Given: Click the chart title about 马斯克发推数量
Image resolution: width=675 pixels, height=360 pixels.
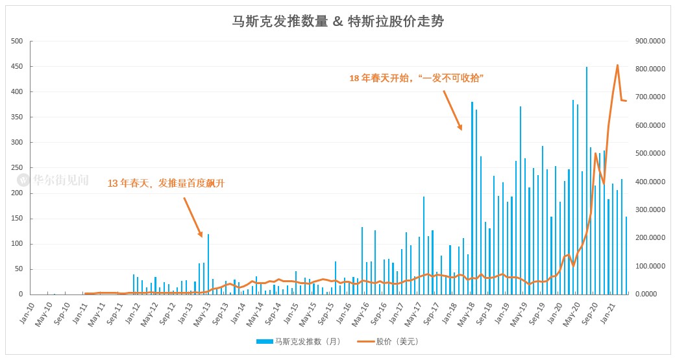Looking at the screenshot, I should (338, 21).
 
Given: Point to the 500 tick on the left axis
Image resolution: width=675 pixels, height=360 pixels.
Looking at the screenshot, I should (18, 42).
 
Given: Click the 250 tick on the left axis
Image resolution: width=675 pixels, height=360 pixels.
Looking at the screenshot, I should (18, 168).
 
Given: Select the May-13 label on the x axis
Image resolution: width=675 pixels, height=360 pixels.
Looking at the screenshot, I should (202, 310).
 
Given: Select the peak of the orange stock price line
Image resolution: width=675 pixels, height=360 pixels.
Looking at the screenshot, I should (617, 65).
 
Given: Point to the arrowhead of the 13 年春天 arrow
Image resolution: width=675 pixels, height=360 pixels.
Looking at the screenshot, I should (202, 236).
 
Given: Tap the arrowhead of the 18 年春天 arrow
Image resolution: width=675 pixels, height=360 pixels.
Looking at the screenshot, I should (461, 129).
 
